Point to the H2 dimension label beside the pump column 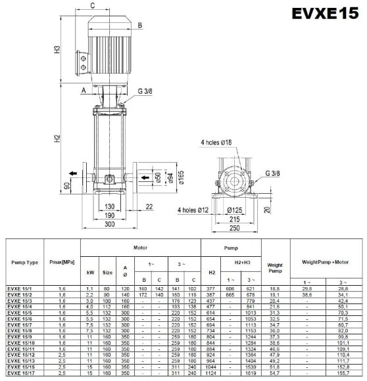[x=57, y=139]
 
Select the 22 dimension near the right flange [x=150, y=207]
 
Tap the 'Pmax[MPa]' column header [x=60, y=262]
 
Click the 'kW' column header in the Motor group [x=91, y=271]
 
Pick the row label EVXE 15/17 [x=19, y=372]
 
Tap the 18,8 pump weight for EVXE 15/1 [x=275, y=288]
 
